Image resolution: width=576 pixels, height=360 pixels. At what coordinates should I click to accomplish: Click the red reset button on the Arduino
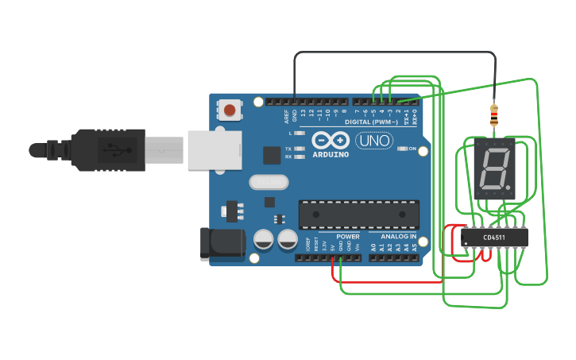[x=230, y=110]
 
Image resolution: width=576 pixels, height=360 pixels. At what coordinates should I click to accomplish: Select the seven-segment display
[x=493, y=168]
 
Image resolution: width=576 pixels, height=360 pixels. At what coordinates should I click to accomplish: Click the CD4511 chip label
[x=494, y=237]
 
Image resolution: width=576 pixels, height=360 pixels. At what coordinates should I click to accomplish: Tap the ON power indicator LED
[x=402, y=149]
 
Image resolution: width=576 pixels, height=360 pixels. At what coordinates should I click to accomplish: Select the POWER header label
[x=347, y=236]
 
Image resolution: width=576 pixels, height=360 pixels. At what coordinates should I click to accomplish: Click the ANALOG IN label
[x=398, y=236]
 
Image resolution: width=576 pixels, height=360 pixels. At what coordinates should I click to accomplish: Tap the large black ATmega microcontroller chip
[x=358, y=214]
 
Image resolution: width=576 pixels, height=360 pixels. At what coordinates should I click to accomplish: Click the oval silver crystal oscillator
[x=269, y=182]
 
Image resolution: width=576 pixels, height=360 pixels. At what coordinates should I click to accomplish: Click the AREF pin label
[x=286, y=116]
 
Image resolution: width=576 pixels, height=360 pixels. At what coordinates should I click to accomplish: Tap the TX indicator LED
[x=299, y=149]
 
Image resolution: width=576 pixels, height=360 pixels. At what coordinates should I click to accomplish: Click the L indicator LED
[x=299, y=134]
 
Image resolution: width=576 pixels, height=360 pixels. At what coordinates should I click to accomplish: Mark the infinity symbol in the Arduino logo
[x=331, y=140]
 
